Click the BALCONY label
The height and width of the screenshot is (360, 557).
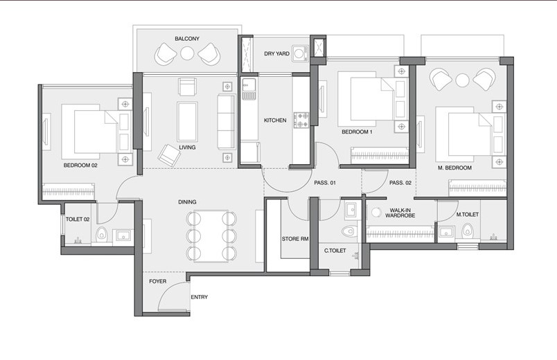point(187,39)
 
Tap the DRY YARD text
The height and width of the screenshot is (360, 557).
point(276,53)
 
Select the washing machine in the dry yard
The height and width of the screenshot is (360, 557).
point(301,53)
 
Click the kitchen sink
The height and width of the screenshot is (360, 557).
point(249,89)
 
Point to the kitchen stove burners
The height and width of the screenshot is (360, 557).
point(301,120)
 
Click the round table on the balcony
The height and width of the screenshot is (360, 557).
point(187,53)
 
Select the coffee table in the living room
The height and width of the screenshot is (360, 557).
point(187,121)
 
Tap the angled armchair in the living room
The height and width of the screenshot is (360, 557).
point(170,155)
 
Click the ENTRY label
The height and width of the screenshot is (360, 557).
point(200,297)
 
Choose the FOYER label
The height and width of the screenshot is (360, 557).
point(157,281)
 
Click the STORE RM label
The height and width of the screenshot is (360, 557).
point(295,239)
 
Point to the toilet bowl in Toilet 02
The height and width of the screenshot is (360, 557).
point(102,234)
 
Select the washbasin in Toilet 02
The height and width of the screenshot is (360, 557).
point(123,235)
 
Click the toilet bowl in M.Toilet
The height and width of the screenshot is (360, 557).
point(467,231)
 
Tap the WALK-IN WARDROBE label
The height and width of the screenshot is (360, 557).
point(400,213)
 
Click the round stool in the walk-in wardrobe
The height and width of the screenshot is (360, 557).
point(376,213)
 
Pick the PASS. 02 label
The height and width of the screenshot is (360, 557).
point(400,183)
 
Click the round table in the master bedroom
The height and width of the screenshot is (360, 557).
point(462,80)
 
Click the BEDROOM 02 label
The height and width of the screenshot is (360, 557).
point(80,165)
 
